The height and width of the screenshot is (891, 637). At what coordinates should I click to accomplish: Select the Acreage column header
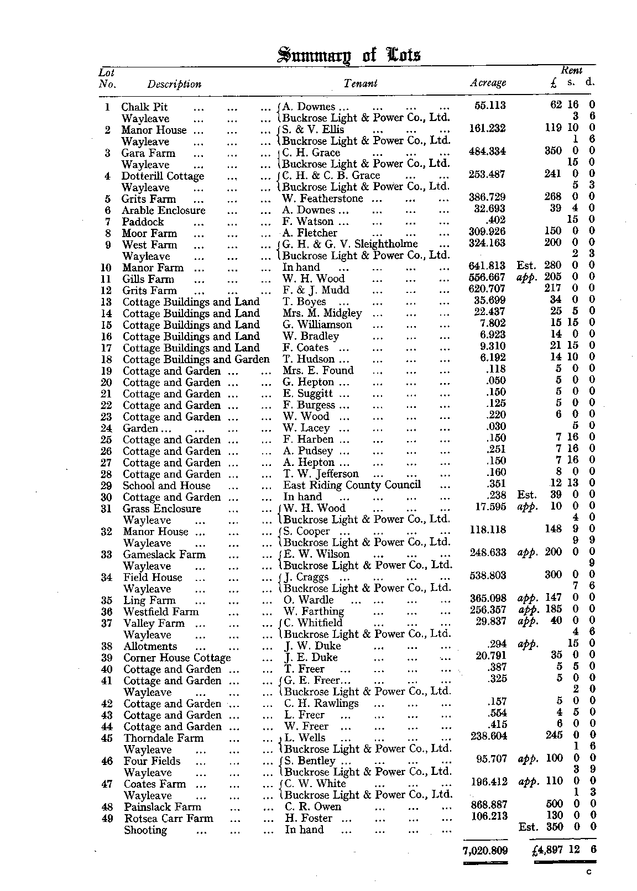[x=488, y=83]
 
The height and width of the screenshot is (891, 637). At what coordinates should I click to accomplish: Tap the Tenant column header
[x=360, y=83]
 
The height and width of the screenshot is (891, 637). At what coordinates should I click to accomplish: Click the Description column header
[x=174, y=84]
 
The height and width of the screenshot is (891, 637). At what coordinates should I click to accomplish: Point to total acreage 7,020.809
[x=485, y=851]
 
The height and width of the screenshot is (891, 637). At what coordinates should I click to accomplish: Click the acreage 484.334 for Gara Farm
[x=487, y=151]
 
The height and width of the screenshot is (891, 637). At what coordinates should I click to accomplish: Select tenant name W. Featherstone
[x=323, y=198]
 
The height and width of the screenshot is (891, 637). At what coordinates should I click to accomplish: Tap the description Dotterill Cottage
[x=163, y=176]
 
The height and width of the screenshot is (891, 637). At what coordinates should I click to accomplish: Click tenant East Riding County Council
[x=352, y=485]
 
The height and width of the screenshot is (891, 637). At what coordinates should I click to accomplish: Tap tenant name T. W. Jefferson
[x=321, y=474]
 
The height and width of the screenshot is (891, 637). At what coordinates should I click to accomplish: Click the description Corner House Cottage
[x=177, y=658]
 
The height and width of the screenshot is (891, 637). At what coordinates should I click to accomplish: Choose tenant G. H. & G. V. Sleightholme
[x=350, y=244]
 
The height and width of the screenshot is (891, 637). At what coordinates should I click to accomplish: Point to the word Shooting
[x=145, y=830]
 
